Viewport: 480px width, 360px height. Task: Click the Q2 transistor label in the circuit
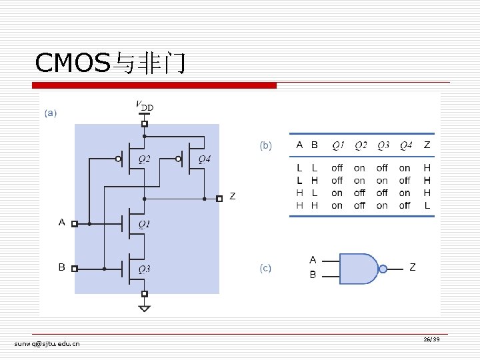tap(144, 159)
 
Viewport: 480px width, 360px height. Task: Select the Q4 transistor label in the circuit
tap(205, 159)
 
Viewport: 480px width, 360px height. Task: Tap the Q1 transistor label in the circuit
tap(144, 225)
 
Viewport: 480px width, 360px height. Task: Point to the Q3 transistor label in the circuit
tap(144, 269)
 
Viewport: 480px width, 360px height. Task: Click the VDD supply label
tap(145, 105)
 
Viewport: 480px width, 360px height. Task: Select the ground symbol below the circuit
tap(145, 308)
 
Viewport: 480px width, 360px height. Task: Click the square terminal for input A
tap(75, 224)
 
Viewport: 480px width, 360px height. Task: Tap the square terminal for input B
tap(75, 269)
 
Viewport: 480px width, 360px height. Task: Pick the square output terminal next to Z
tap(219, 199)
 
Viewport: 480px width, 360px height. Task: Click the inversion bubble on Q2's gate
tap(118, 159)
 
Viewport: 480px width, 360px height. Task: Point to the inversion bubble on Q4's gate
tap(178, 159)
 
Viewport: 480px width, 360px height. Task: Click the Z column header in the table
tap(427, 145)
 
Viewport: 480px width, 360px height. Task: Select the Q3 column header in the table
tap(383, 145)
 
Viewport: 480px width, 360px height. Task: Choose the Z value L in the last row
tap(427, 205)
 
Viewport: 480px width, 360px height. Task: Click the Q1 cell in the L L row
tap(337, 168)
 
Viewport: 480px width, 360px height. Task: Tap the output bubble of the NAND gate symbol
tap(383, 269)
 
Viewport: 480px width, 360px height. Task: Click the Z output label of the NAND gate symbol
tap(413, 267)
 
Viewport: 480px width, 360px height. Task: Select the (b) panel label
tap(265, 145)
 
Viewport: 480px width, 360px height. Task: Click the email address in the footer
tap(47, 344)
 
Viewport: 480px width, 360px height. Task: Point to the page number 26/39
tap(431, 339)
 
